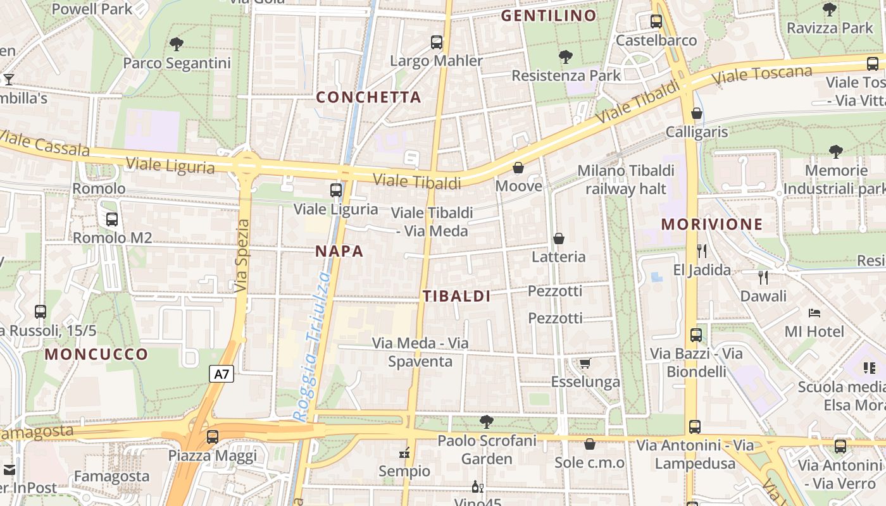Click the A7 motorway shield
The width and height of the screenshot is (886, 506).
pos(221,374)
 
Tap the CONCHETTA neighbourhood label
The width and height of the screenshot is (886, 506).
pos(368,97)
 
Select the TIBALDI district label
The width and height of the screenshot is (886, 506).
pos(457,296)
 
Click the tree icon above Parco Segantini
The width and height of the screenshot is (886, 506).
pos(177,44)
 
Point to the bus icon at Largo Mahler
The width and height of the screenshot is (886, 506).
pos(437,42)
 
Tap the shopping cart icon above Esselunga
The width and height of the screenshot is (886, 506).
pos(585,363)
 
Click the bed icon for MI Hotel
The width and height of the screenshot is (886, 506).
pos(814,313)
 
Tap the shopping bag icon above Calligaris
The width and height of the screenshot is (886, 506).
pos(697,113)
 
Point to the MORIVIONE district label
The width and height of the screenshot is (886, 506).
pos(712,224)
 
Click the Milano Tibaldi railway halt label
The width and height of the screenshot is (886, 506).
pos(626,180)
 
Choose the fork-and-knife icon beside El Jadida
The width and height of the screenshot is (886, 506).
pos(701,251)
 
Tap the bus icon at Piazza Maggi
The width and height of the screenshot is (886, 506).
pos(213,436)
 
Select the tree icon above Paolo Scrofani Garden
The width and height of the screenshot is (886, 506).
pos(486,421)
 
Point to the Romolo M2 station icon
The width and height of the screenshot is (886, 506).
pos(112,219)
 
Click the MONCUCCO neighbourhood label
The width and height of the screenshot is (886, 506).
pos(96,354)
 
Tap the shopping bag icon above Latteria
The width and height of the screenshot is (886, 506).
pos(559,238)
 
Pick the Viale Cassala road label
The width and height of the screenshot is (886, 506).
pos(44,144)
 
